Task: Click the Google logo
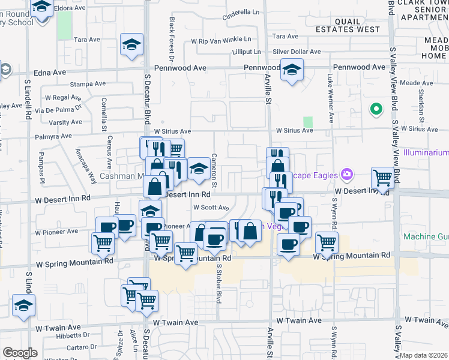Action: [20, 353]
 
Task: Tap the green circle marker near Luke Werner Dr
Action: [376, 109]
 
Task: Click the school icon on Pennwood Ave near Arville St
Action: [292, 71]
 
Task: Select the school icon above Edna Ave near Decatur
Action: [131, 44]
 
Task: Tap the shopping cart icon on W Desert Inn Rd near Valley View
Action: [382, 177]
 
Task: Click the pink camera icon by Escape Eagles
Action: [346, 175]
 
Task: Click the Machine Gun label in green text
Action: [426, 236]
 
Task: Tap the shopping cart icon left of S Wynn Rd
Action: [327, 242]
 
